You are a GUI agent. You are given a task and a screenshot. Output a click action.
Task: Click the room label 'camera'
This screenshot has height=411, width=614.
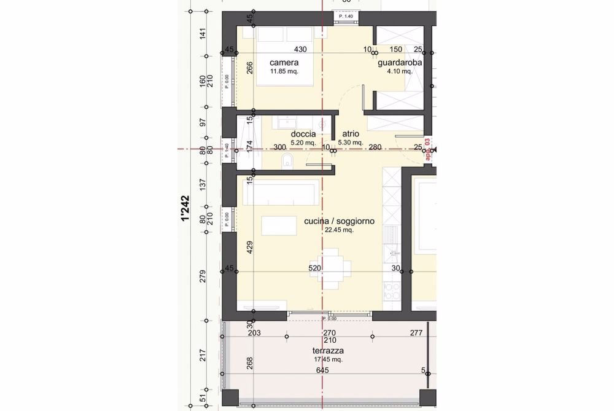tap(284, 63)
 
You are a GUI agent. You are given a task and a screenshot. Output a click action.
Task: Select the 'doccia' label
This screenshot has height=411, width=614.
tap(303, 134)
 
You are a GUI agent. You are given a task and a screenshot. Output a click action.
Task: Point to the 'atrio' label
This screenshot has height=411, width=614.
tap(351, 134)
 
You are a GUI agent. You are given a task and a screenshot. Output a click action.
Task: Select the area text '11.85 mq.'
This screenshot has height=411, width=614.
tap(284, 71)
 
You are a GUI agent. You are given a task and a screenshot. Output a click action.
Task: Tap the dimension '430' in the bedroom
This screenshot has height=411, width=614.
tap(283, 49)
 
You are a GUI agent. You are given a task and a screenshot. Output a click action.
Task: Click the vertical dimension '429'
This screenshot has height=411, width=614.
tap(249, 248)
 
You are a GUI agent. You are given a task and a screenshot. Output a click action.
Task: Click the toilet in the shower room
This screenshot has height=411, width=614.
tap(287, 162)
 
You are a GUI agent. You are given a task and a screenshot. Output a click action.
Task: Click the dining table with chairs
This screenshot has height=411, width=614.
tap(331, 269)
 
